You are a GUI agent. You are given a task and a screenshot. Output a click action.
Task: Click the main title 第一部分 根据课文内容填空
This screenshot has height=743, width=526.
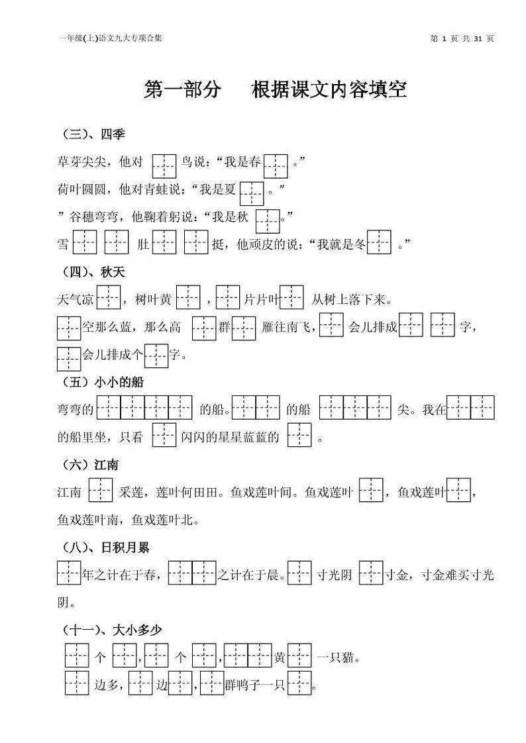coord(275,90)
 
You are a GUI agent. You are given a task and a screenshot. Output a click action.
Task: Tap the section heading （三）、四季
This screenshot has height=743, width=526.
coord(93,134)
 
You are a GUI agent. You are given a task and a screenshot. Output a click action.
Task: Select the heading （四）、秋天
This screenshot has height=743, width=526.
coord(93,272)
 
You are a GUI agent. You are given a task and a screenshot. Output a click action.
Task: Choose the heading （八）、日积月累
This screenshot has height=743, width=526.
coord(106,547)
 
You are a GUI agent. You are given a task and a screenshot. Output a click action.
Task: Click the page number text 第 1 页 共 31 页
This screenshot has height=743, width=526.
coord(462,38)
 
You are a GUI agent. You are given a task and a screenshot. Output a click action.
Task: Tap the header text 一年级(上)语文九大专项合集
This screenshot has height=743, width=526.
coord(110,38)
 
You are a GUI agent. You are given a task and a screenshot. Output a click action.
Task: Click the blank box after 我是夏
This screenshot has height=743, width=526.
coord(252,192)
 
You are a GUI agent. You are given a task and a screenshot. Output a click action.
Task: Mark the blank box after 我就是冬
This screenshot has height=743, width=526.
coord(379,243)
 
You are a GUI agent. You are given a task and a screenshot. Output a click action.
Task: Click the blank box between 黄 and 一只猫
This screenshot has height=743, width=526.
coord(299,656)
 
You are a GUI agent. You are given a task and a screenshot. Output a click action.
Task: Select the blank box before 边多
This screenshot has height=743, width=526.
coord(77,683)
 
